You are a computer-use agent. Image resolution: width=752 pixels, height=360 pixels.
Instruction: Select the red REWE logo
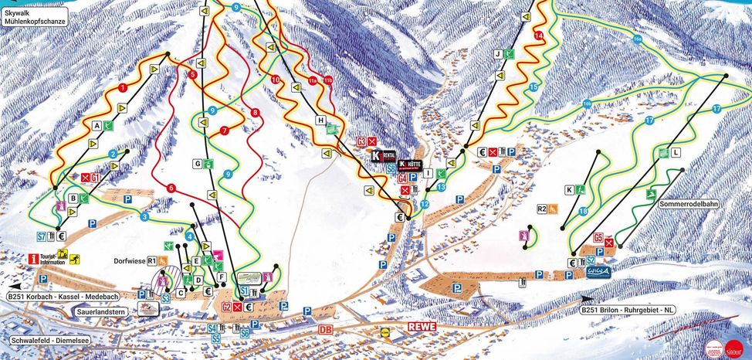click(x=422, y=327)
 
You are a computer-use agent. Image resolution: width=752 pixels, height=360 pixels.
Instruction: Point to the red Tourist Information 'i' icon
click(x=34, y=259)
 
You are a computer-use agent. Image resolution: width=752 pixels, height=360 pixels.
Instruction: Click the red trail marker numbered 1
click(x=124, y=88)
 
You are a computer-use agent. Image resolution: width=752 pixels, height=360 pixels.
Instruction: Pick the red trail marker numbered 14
click(x=539, y=36)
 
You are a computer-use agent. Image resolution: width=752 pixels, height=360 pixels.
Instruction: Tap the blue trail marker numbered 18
click(x=583, y=211)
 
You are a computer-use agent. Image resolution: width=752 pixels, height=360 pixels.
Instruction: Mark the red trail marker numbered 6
click(x=171, y=188)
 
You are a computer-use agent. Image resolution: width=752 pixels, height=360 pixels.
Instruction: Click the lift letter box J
click(x=499, y=54)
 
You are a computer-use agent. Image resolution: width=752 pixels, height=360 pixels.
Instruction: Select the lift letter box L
click(x=675, y=153)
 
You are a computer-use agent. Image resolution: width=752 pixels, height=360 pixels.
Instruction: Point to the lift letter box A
click(x=98, y=124)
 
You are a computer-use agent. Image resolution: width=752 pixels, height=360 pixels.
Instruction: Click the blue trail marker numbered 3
click(x=144, y=217)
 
